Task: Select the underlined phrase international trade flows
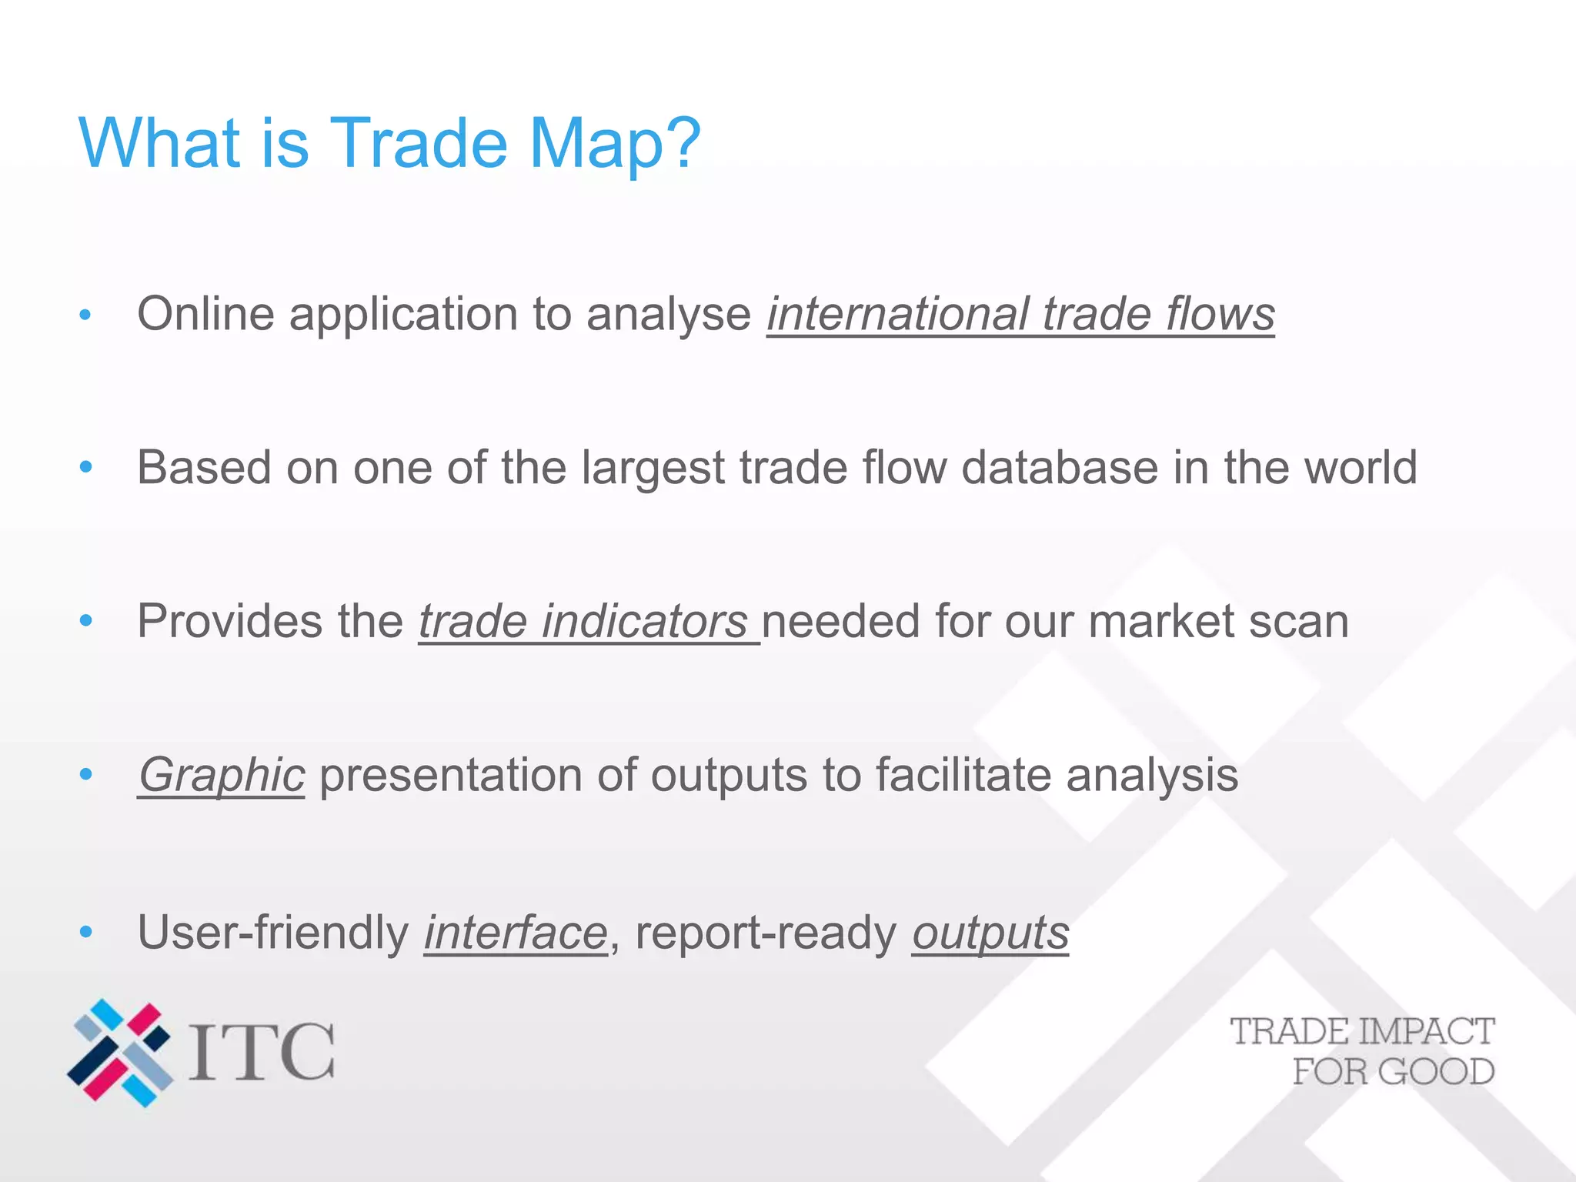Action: point(1020,315)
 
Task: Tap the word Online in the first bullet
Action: point(205,315)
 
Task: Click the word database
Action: point(1060,468)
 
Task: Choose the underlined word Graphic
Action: point(222,776)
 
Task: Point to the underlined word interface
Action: point(516,933)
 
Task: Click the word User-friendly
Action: point(273,933)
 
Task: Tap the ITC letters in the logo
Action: point(262,1052)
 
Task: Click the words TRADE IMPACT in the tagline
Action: point(1362,1032)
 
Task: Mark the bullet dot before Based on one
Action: point(86,467)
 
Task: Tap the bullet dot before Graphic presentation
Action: point(86,774)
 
